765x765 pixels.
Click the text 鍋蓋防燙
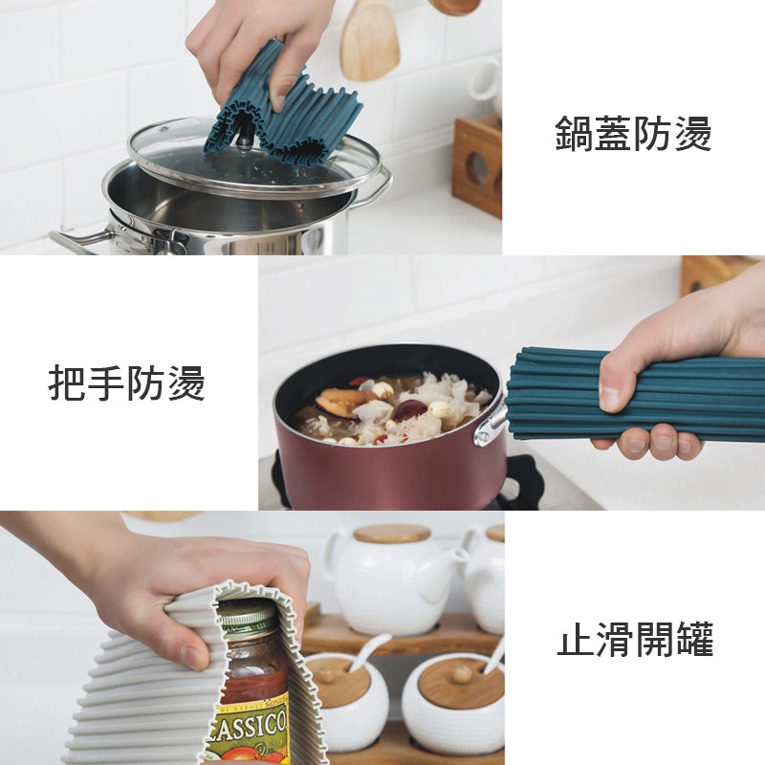pyautogui.click(x=633, y=134)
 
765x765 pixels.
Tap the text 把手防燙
pyautogui.click(x=126, y=383)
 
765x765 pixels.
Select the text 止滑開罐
pyautogui.click(x=635, y=639)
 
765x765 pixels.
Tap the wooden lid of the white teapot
pyautogui.click(x=392, y=534)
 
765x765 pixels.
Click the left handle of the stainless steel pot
pyautogui.click(x=80, y=241)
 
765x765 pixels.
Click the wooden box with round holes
pyautogui.click(x=477, y=165)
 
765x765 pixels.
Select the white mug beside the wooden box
pyautogui.click(x=486, y=81)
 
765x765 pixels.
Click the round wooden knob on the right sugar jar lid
pyautogui.click(x=460, y=674)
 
